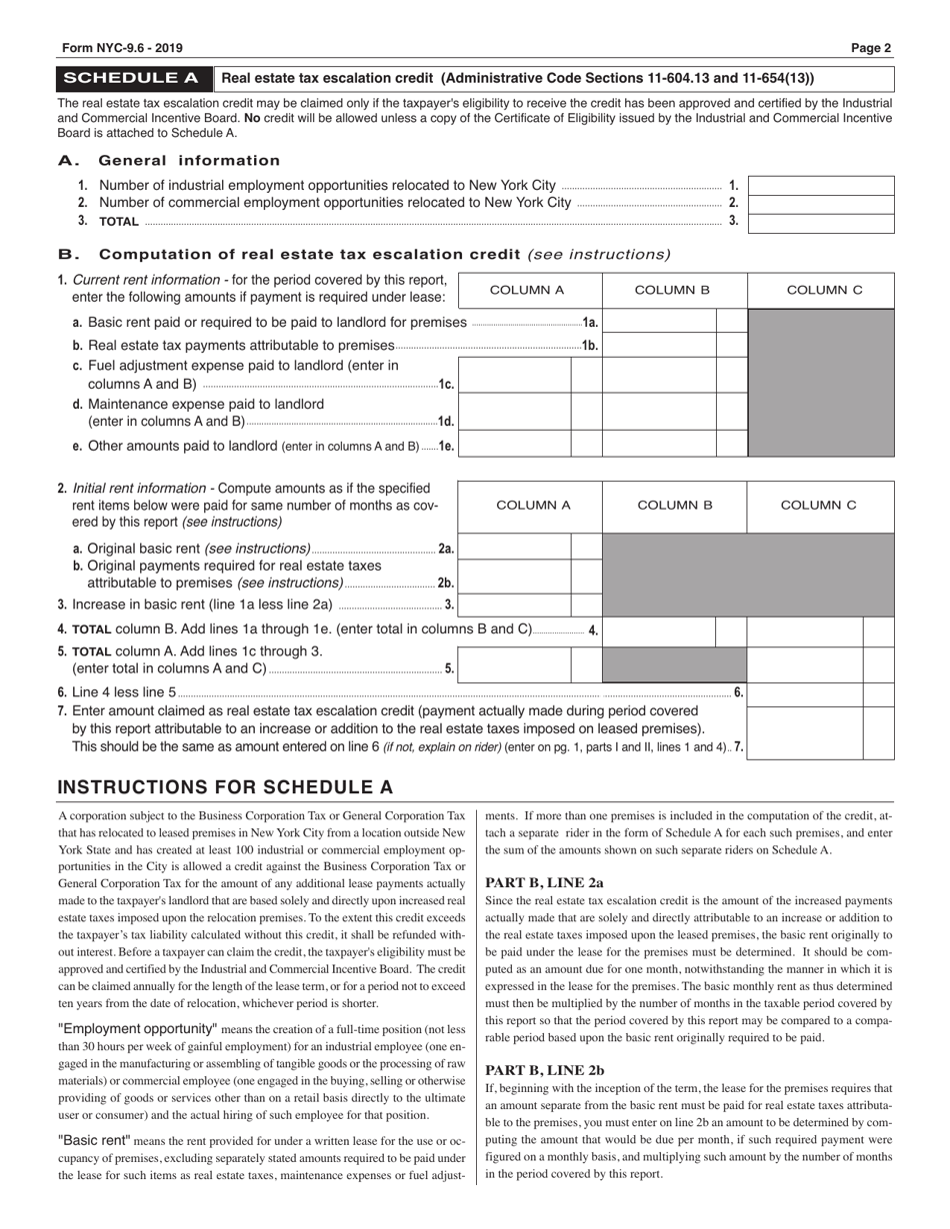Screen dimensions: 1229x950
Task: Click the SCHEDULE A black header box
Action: (135, 78)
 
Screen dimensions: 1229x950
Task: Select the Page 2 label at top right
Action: (871, 47)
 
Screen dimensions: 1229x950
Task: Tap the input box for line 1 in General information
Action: (820, 186)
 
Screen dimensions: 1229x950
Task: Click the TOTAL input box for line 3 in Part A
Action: (820, 223)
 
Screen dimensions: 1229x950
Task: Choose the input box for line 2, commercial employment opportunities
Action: (820, 204)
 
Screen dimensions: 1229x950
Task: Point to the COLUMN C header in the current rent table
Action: (824, 291)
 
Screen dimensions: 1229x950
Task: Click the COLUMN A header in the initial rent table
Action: (533, 506)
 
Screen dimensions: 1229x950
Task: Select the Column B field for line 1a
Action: (660, 322)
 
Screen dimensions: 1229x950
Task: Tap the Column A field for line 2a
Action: (515, 548)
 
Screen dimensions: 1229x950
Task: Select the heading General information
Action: (189, 161)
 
